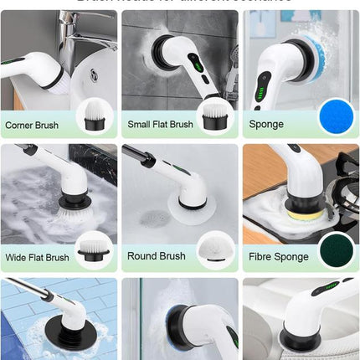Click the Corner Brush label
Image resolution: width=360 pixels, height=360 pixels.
(x=32, y=125)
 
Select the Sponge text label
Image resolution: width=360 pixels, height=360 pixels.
(x=266, y=125)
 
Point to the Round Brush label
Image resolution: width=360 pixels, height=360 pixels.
(x=156, y=256)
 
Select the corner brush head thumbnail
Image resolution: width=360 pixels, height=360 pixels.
(x=93, y=115)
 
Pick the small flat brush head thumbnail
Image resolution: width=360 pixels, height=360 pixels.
(x=213, y=115)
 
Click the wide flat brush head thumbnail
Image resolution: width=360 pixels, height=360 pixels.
(x=93, y=248)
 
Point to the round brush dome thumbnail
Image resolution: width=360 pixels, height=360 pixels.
(x=213, y=249)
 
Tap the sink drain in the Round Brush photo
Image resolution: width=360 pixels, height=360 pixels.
(x=152, y=219)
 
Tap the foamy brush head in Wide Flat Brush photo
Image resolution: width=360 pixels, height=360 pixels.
(x=67, y=209)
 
